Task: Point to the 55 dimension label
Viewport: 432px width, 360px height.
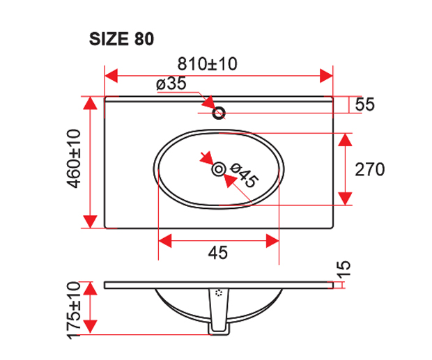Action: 365,105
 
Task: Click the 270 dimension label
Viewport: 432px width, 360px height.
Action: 371,169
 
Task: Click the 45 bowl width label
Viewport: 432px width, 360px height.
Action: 218,254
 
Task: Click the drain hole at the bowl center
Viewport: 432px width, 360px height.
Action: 219,169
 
